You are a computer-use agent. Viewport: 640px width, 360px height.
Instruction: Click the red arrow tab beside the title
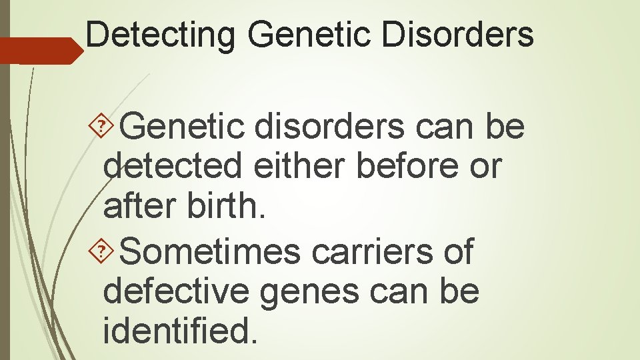coord(40,51)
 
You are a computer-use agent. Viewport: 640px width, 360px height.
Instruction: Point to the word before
coord(407,167)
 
